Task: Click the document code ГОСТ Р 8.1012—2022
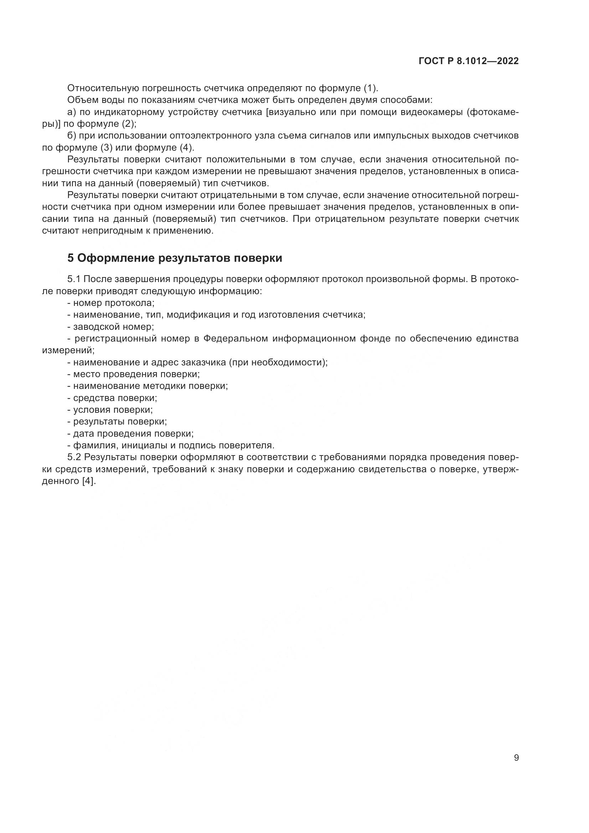[x=469, y=61]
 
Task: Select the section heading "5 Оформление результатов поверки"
[x=175, y=258]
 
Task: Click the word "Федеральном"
[x=235, y=339]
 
